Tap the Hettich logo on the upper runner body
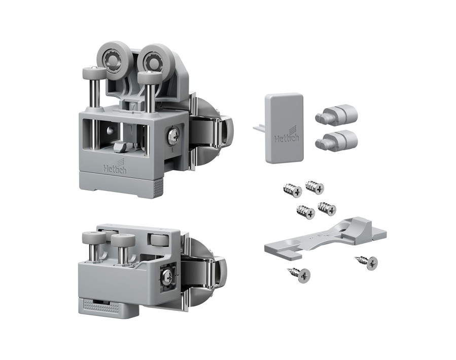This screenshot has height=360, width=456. [115, 167]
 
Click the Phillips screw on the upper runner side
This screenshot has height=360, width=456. [173, 136]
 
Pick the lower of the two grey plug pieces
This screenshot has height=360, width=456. [336, 141]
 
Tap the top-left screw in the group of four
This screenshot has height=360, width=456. [293, 190]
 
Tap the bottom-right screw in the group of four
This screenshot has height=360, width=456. [327, 208]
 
